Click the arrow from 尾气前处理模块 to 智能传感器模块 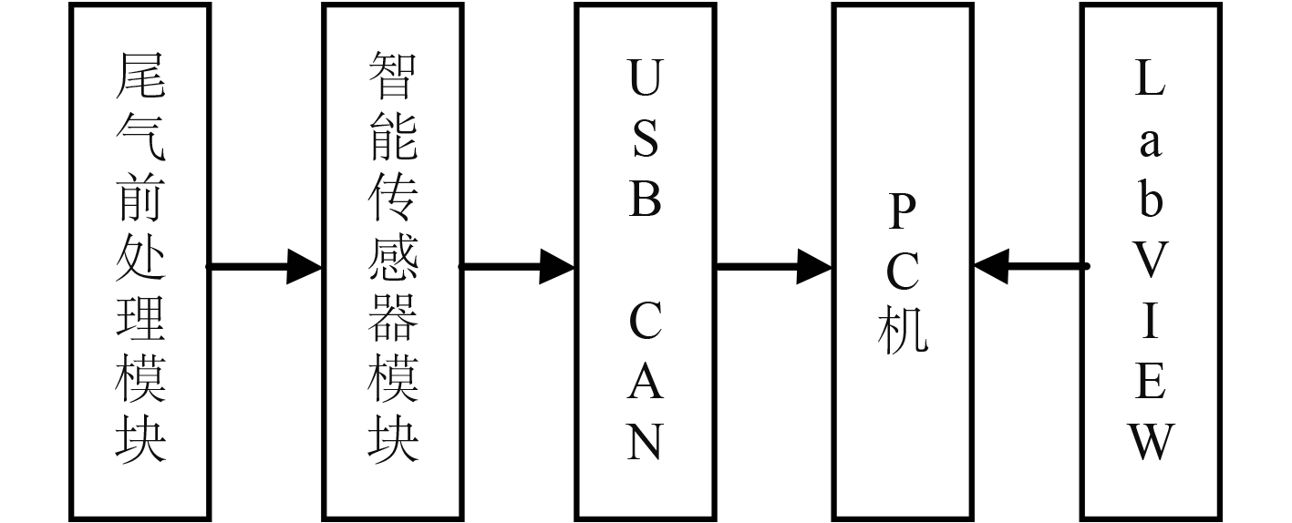coord(264,267)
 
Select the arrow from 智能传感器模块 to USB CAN coord(516,267)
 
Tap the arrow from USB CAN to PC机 coord(773,267)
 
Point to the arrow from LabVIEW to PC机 coord(1030,267)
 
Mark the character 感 coord(393,258)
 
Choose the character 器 coord(393,318)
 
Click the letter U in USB coord(645,79)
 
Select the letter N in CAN coord(645,442)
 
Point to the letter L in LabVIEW coord(1151,79)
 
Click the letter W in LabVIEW coord(1151,442)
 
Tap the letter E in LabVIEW coord(1151,382)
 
